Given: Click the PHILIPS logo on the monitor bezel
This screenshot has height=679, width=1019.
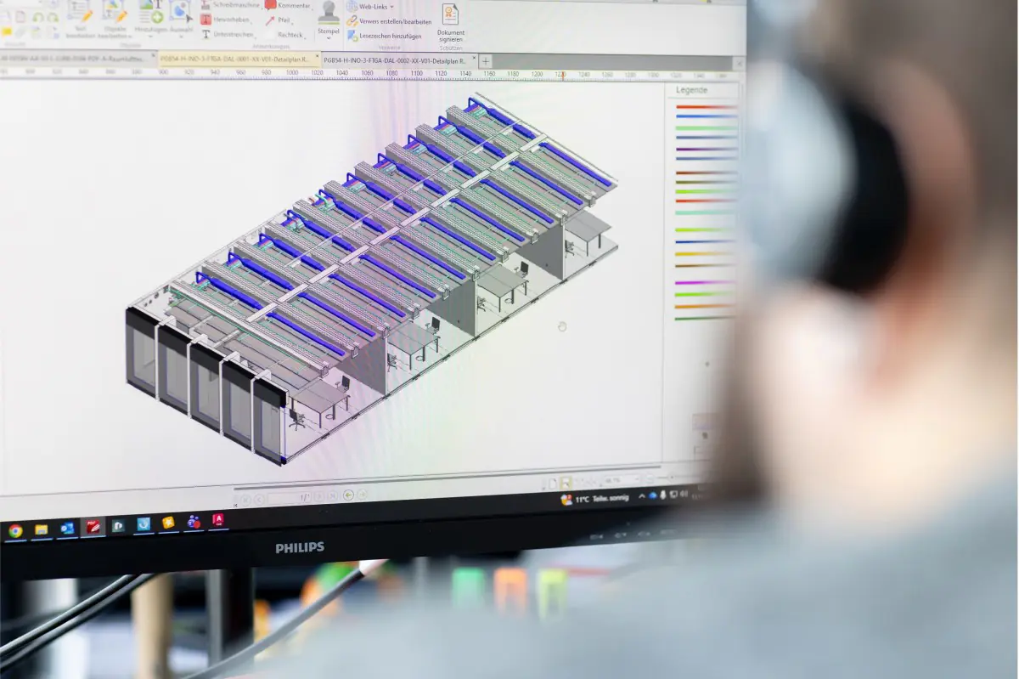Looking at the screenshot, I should [299, 548].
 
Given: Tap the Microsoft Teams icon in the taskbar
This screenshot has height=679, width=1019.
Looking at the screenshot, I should [193, 522].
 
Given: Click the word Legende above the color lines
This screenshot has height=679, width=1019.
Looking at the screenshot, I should [691, 90].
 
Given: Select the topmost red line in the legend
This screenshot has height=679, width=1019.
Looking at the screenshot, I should [705, 107].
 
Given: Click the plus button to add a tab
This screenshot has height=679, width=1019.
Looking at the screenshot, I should [486, 61].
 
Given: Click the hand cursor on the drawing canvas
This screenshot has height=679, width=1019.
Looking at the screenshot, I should [561, 326].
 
